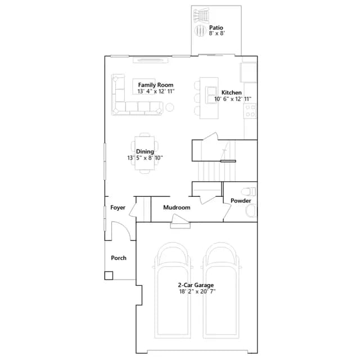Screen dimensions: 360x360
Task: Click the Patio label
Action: point(216,28)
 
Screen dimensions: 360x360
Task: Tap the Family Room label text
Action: point(156,85)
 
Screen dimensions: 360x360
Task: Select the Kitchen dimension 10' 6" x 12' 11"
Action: point(233,99)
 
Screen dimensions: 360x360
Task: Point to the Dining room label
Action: point(145,151)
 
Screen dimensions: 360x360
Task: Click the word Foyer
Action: point(118,208)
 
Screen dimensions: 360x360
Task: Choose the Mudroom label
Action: point(177,208)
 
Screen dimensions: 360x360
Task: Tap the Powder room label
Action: point(241,201)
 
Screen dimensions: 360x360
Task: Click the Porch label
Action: point(119,258)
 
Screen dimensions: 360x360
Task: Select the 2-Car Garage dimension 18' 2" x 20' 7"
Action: point(197,291)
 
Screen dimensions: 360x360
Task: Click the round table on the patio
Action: point(200,30)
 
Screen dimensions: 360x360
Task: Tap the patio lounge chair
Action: point(201,15)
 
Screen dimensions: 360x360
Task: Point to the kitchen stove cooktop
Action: point(250,111)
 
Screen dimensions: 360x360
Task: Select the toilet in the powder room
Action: point(249,191)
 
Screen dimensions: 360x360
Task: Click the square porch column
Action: point(109,276)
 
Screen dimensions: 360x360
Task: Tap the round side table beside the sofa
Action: point(170,107)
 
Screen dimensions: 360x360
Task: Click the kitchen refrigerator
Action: point(248,72)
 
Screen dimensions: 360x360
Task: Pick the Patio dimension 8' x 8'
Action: point(217,33)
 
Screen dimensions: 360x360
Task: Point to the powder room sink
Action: point(251,211)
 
